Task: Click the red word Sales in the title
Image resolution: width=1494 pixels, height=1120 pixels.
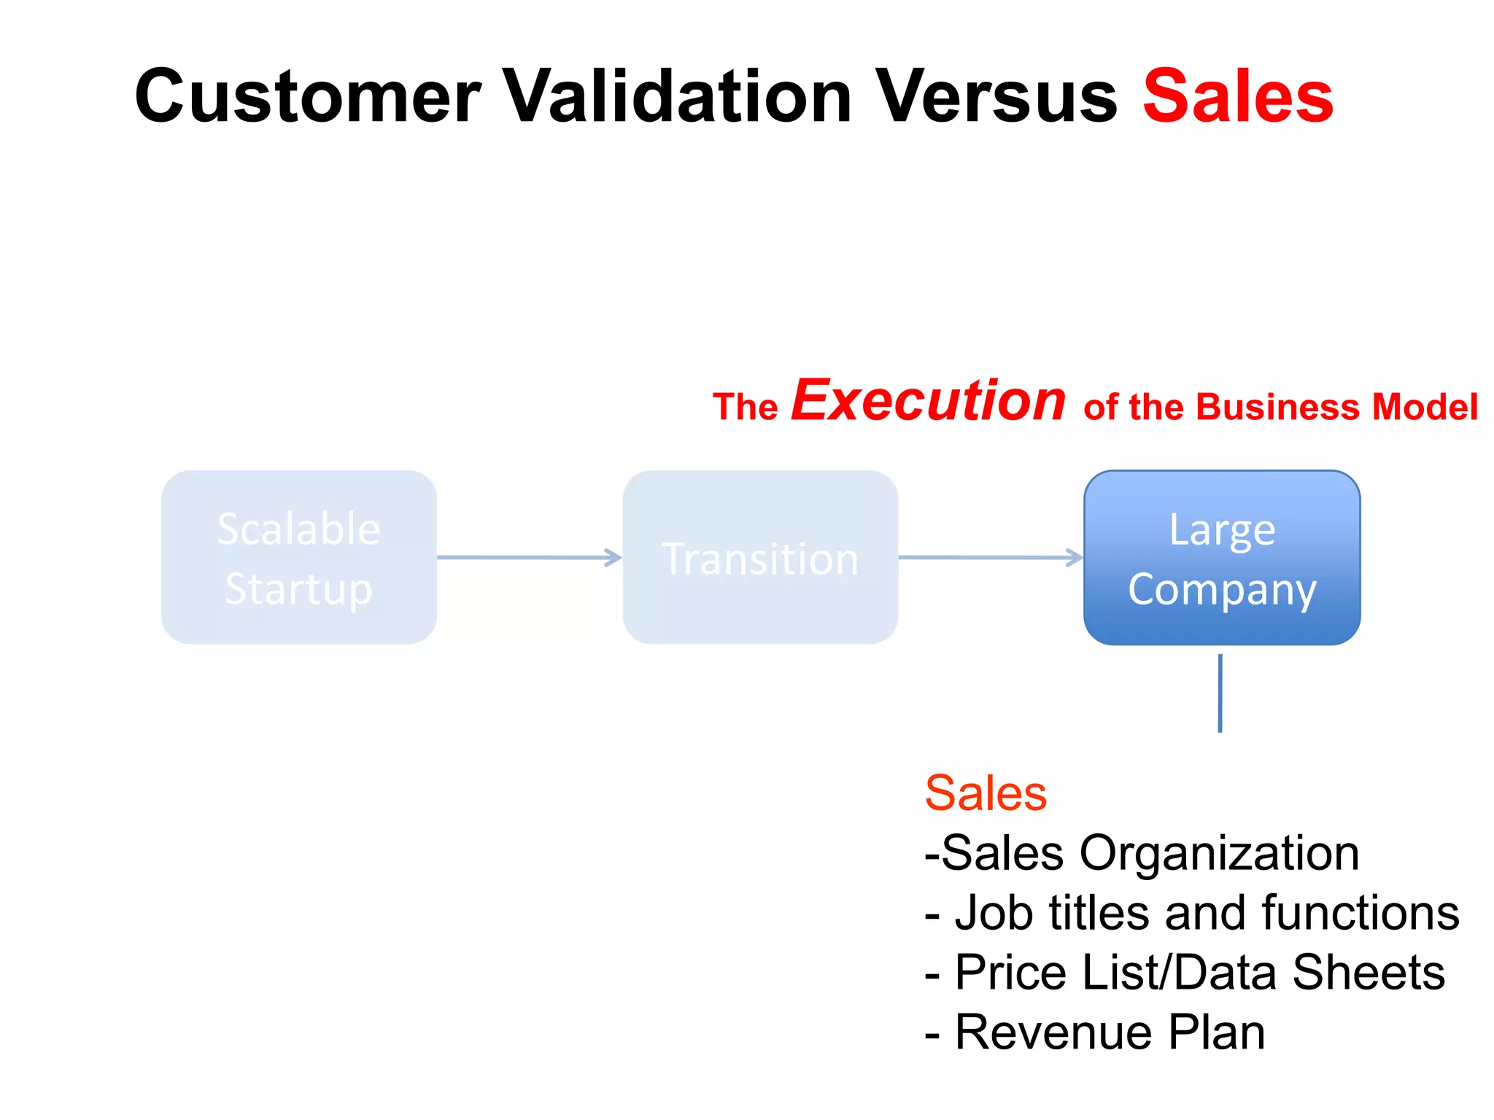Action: coord(1238,96)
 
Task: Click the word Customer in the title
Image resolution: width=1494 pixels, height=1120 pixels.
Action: coord(308,96)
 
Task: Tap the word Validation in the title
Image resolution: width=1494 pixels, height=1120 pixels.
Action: coord(678,96)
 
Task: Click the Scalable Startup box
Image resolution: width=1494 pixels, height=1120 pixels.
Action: coord(299,557)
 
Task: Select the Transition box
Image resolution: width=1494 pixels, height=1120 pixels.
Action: coord(760,557)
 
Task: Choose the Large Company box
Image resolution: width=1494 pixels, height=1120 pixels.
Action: coord(1222,557)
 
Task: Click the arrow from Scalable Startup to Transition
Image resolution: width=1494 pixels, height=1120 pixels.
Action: coord(529,558)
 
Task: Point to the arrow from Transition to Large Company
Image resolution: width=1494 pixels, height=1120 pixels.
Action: coord(990,558)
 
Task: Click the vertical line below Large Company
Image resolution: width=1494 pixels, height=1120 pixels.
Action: coord(1220,693)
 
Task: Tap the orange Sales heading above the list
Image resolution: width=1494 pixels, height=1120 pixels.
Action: coord(986,793)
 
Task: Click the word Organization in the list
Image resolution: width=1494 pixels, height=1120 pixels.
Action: coord(1219,853)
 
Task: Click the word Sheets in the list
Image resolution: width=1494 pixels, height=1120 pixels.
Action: coord(1368,973)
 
